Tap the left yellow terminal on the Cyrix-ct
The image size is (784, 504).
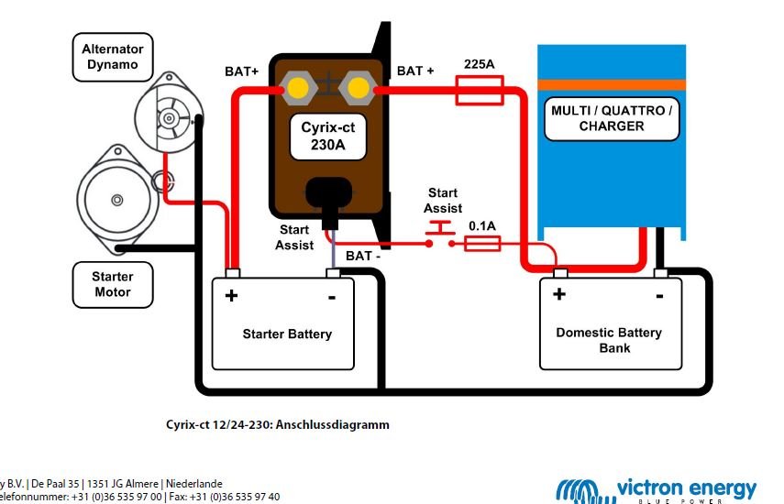[x=298, y=89]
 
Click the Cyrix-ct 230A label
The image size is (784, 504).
[x=328, y=137]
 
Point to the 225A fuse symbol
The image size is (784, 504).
[x=479, y=90]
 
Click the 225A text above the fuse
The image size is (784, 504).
[x=480, y=65]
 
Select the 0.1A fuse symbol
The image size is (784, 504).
[x=483, y=243]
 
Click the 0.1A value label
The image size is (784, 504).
[x=483, y=225]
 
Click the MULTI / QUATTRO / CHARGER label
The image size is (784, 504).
[x=612, y=118]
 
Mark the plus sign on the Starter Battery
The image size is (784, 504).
[x=231, y=295]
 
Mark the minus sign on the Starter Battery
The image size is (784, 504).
[x=331, y=296]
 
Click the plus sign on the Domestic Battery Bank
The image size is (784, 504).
[x=558, y=294]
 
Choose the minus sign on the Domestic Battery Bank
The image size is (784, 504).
[x=659, y=295]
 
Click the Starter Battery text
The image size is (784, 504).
[x=286, y=334]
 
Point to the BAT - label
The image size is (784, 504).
[x=365, y=256]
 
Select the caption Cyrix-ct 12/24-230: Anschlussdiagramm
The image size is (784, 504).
[x=278, y=425]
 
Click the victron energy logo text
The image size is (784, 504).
[x=686, y=488]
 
